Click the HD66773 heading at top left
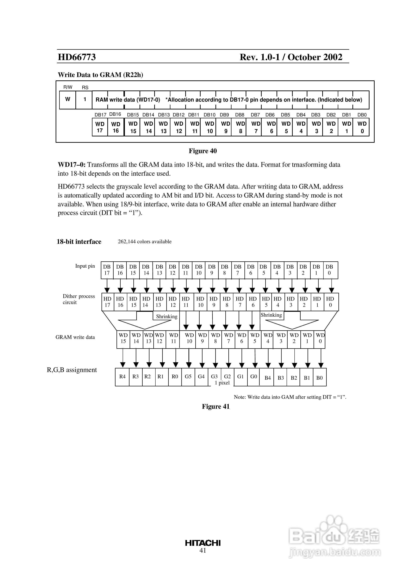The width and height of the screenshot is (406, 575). coord(77,57)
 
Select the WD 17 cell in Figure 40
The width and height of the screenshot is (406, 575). coord(100,127)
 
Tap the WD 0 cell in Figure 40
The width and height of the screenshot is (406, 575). coord(362,127)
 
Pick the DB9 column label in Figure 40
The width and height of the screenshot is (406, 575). coord(224,115)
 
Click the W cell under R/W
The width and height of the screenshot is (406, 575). coord(68,99)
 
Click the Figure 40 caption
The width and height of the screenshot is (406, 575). coord(203,151)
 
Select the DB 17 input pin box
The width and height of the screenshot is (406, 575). coord(107,270)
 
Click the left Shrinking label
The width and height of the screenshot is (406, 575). coord(167,316)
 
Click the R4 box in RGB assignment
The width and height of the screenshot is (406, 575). coord(122,377)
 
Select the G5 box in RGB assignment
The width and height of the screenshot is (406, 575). coord(188,377)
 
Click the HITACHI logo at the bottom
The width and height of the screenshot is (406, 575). coord(203,543)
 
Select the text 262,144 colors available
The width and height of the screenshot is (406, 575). coord(145,242)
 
